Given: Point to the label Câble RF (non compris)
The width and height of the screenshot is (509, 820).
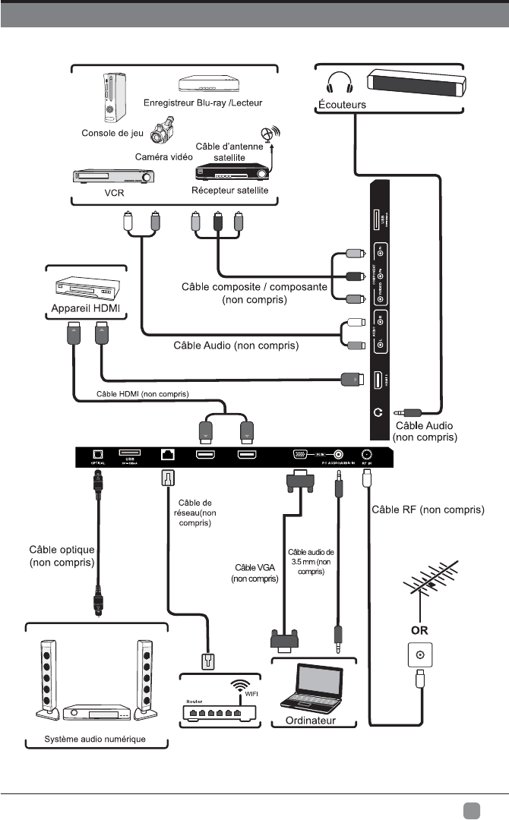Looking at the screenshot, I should [x=426, y=509].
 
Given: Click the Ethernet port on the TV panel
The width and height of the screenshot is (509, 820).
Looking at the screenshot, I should [x=167, y=456].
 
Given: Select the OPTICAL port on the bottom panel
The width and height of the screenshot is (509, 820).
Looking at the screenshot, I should [x=97, y=455].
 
